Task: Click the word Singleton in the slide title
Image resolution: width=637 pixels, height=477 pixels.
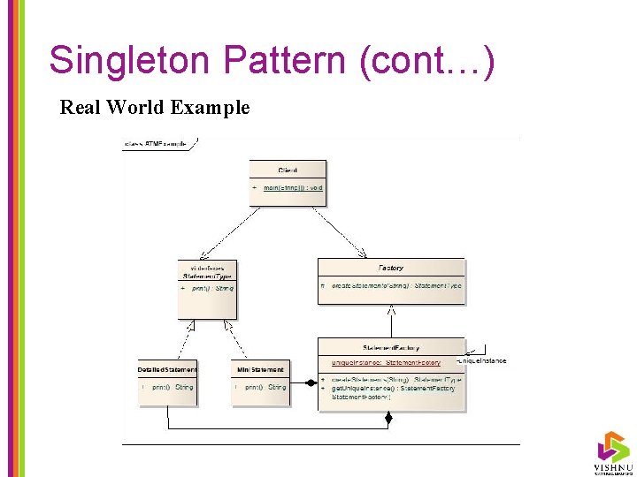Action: (x=131, y=60)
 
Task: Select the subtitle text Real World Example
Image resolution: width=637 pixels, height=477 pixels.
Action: (x=155, y=108)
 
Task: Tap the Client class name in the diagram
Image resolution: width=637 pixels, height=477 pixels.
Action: (x=288, y=170)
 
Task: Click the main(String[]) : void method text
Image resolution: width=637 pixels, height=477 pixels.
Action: (x=293, y=187)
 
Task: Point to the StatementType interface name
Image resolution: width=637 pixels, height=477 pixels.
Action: (x=208, y=276)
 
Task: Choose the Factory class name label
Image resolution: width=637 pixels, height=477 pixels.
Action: (x=390, y=268)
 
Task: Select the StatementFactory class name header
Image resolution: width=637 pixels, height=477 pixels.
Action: (x=391, y=348)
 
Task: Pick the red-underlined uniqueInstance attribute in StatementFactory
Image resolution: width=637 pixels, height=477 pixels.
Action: (x=386, y=362)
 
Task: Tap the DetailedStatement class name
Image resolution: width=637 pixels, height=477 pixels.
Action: (x=167, y=369)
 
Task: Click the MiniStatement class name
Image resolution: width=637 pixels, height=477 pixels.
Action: (x=261, y=369)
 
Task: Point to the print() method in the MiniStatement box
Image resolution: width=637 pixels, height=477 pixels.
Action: (x=265, y=387)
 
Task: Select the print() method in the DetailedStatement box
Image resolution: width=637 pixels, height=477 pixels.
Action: (x=172, y=387)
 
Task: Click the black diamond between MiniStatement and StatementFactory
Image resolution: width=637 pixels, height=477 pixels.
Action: (x=311, y=383)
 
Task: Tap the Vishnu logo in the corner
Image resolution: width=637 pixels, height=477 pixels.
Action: (x=612, y=450)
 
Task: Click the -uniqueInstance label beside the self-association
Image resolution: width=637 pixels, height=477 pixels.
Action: (x=482, y=360)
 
